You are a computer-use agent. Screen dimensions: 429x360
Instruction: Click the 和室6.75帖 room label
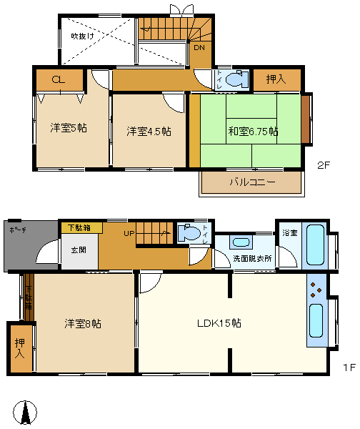click(254, 132)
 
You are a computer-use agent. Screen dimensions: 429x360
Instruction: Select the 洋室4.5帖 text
click(149, 132)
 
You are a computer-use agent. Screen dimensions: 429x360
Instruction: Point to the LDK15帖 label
click(219, 323)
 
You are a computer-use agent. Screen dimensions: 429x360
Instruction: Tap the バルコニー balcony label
click(251, 182)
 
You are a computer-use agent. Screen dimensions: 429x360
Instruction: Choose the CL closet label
click(58, 80)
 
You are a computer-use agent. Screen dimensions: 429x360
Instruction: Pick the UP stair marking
click(129, 233)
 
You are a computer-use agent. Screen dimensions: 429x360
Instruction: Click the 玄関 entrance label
click(79, 250)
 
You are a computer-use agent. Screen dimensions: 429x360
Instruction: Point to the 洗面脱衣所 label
click(252, 258)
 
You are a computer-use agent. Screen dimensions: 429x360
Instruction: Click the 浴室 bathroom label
click(289, 232)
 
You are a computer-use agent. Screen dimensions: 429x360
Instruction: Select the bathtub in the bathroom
click(314, 247)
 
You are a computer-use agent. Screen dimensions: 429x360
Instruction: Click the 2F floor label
click(324, 165)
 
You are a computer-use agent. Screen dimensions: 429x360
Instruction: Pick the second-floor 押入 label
click(276, 79)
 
